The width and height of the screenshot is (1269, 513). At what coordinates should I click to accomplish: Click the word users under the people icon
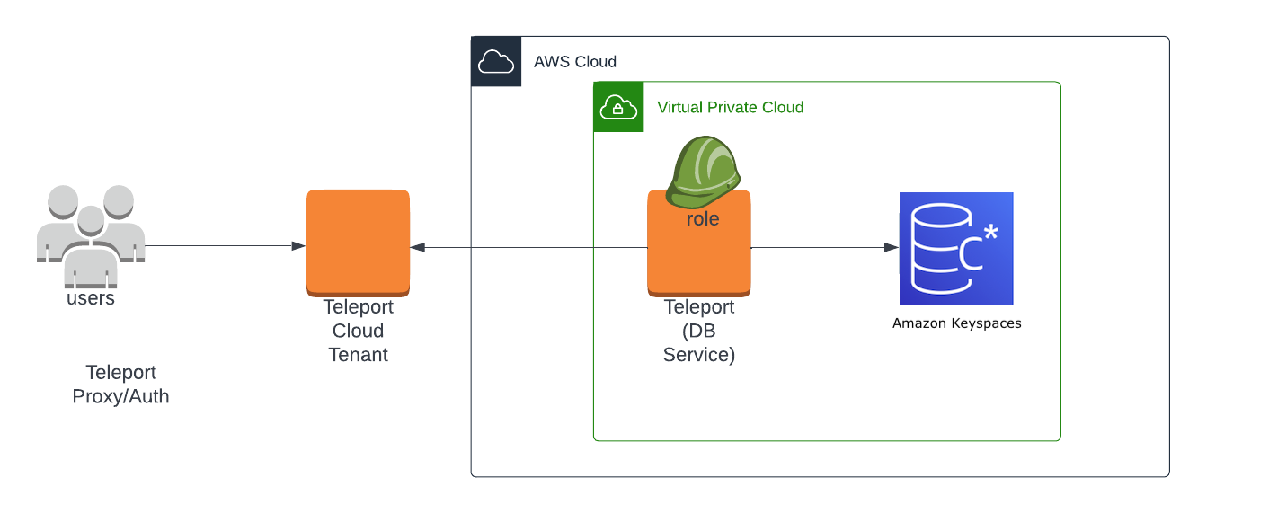pos(91,298)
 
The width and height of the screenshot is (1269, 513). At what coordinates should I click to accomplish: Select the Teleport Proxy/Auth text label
pos(120,385)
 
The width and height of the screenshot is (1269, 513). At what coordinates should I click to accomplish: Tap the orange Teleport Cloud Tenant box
pos(358,241)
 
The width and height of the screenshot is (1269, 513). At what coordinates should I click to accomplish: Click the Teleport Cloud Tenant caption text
pos(358,331)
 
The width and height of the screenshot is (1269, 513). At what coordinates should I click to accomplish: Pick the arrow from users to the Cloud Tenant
pos(225,246)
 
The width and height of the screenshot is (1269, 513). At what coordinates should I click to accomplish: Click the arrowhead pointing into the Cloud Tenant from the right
pos(417,247)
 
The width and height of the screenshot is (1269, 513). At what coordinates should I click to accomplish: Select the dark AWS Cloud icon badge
pos(496,62)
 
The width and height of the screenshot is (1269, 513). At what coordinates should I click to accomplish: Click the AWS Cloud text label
pos(575,62)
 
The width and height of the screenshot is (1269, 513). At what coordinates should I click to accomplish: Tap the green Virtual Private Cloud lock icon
pos(618,107)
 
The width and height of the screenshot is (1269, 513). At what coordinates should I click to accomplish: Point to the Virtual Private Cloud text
pos(730,108)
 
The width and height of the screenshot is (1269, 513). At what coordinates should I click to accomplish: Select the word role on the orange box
pos(702,219)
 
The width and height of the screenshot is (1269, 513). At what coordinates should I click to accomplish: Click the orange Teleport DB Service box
pos(699,261)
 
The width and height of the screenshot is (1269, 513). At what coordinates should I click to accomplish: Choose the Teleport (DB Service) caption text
pos(699,331)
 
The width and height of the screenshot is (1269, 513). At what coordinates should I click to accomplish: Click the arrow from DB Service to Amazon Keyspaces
pos(822,247)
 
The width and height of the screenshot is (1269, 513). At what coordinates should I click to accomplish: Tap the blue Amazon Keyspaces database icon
pos(956,249)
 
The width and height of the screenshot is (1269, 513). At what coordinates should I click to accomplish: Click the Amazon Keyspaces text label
pos(956,323)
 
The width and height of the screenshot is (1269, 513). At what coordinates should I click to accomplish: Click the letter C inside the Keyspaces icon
pos(972,254)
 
